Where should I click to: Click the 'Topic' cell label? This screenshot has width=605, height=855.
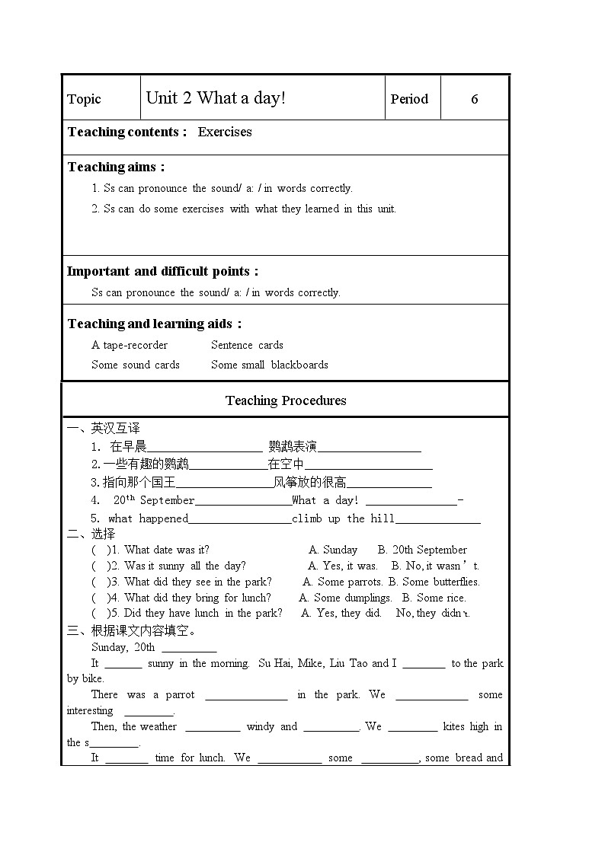84,99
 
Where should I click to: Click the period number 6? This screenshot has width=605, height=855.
475,99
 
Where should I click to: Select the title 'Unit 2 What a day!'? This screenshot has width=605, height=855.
216,97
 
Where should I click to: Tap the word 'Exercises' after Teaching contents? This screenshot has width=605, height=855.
225,132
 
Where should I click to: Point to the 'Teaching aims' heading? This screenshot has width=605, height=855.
116,167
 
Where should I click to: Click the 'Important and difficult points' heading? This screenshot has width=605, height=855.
162,271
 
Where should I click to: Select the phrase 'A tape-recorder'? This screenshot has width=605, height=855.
130,345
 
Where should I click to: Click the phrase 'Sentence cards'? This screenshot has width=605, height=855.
247,345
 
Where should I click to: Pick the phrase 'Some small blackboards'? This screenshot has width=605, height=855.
270,365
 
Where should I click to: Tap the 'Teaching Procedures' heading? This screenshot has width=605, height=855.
286,400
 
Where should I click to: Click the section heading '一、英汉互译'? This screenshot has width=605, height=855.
104,429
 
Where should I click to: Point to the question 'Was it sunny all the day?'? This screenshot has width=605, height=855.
185,566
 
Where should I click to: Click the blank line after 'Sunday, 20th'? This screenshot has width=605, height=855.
189,648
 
